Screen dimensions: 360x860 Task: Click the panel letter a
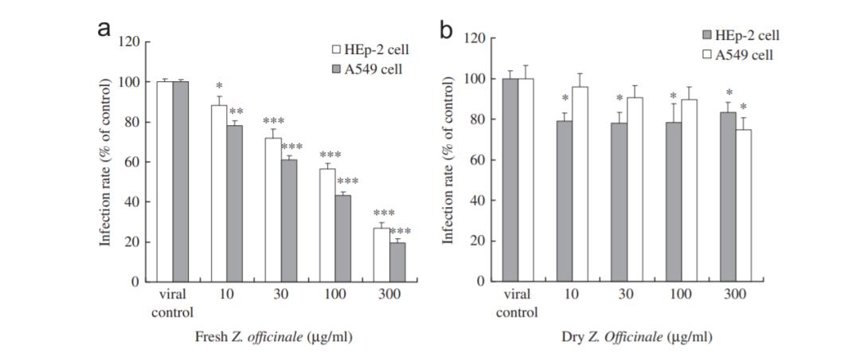[104, 29]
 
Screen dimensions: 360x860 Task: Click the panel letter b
[448, 29]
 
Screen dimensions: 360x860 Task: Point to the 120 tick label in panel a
[130, 41]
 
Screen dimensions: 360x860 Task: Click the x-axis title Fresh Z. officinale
[273, 337]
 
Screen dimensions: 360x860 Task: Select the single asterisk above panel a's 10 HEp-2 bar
[218, 85]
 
